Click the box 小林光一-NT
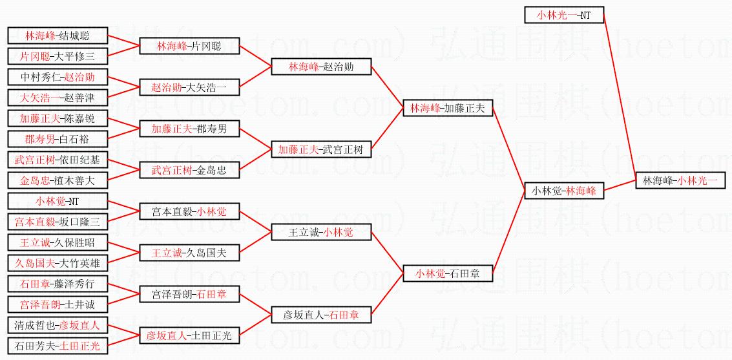(x=564, y=15)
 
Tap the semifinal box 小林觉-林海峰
(x=564, y=191)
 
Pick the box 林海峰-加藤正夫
(x=448, y=108)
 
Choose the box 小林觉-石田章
(x=448, y=273)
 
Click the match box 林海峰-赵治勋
(x=321, y=67)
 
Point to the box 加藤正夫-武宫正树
(x=321, y=149)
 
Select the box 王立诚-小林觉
(x=321, y=232)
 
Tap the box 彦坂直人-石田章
(x=321, y=315)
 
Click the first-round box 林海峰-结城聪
(x=57, y=36)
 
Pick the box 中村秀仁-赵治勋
(x=57, y=77)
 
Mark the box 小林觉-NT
(x=57, y=201)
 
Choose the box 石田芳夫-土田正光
(x=57, y=346)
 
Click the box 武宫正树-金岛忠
(x=189, y=170)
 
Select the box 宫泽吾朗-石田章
(x=189, y=294)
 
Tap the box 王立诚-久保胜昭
(x=57, y=242)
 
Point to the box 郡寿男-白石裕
(x=57, y=139)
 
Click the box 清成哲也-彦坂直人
(x=57, y=325)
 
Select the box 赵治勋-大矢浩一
(x=189, y=87)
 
